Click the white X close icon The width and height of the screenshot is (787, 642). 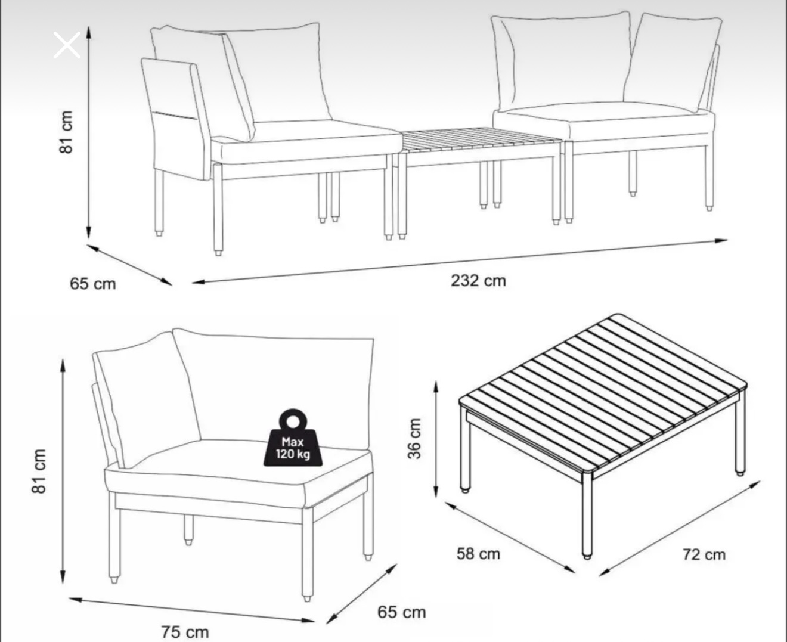(67, 45)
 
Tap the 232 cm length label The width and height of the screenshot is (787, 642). (478, 281)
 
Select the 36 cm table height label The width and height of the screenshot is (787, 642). (414, 438)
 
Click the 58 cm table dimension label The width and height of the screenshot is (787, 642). (478, 554)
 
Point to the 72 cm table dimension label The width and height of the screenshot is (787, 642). (704, 555)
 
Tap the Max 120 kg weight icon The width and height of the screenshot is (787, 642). (293, 438)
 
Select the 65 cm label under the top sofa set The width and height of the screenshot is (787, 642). (93, 284)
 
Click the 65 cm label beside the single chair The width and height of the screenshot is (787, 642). (401, 612)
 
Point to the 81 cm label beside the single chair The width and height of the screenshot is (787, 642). (39, 471)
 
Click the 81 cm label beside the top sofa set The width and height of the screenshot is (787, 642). (66, 132)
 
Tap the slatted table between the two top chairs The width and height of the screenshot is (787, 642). (481, 141)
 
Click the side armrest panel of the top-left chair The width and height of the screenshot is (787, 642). (175, 119)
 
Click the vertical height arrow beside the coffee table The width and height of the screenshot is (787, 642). (435, 439)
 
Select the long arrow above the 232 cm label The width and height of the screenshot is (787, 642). (460, 262)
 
